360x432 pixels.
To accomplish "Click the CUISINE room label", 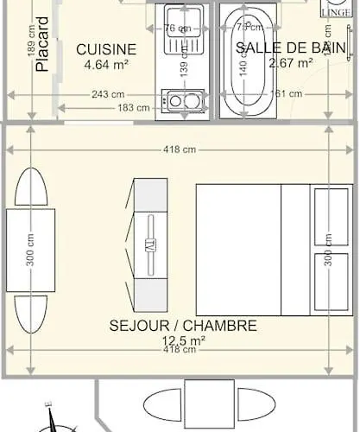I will point(105,49).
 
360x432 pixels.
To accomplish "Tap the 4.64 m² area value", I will point(105,64).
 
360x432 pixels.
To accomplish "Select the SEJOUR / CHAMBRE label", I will point(183,326).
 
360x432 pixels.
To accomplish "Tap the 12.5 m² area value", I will point(183,340).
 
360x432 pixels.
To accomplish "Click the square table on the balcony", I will point(208,404).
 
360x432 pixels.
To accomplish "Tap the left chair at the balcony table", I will point(162,404).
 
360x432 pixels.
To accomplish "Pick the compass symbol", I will point(54,420).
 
